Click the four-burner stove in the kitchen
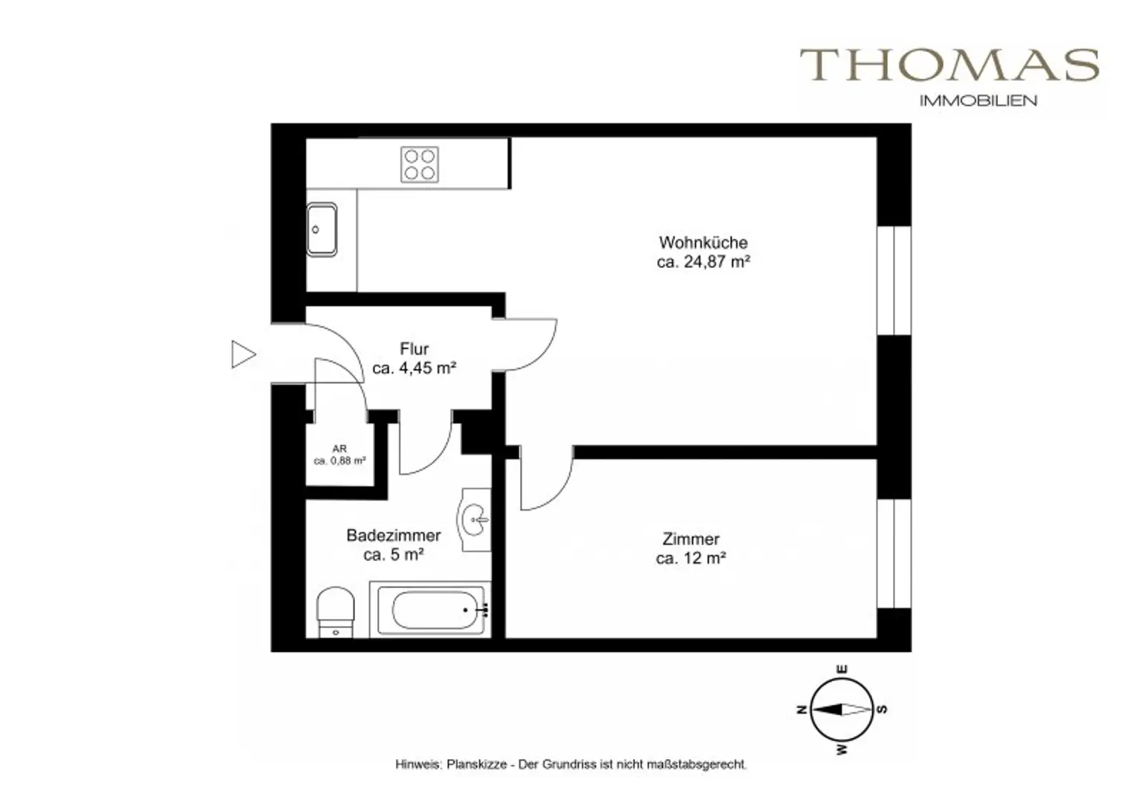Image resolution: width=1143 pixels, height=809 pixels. [420, 165]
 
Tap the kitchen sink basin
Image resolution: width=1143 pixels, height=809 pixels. [321, 230]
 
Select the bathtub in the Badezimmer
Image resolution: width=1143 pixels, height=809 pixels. [429, 610]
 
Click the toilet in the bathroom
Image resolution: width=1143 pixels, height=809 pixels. [336, 612]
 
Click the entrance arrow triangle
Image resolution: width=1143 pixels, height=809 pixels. [243, 354]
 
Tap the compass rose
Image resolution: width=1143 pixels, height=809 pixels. [841, 709]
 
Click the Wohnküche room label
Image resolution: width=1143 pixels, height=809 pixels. [702, 243]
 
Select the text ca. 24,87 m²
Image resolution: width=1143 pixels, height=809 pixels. [702, 262]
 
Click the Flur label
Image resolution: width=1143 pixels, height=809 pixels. [414, 349]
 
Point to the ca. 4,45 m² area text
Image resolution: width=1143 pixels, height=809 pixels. [414, 368]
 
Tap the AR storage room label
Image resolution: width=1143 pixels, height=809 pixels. [339, 449]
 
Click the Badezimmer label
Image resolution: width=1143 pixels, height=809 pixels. [393, 536]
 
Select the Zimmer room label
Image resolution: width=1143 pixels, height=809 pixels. [691, 539]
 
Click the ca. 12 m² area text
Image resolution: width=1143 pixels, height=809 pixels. [691, 558]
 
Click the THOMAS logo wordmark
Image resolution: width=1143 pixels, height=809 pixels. [950, 65]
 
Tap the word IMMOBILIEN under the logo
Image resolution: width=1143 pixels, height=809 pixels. [978, 100]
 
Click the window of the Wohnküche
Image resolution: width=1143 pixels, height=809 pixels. [894, 281]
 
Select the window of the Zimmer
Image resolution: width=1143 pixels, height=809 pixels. [894, 553]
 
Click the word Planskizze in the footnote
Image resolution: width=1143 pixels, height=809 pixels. [476, 764]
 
